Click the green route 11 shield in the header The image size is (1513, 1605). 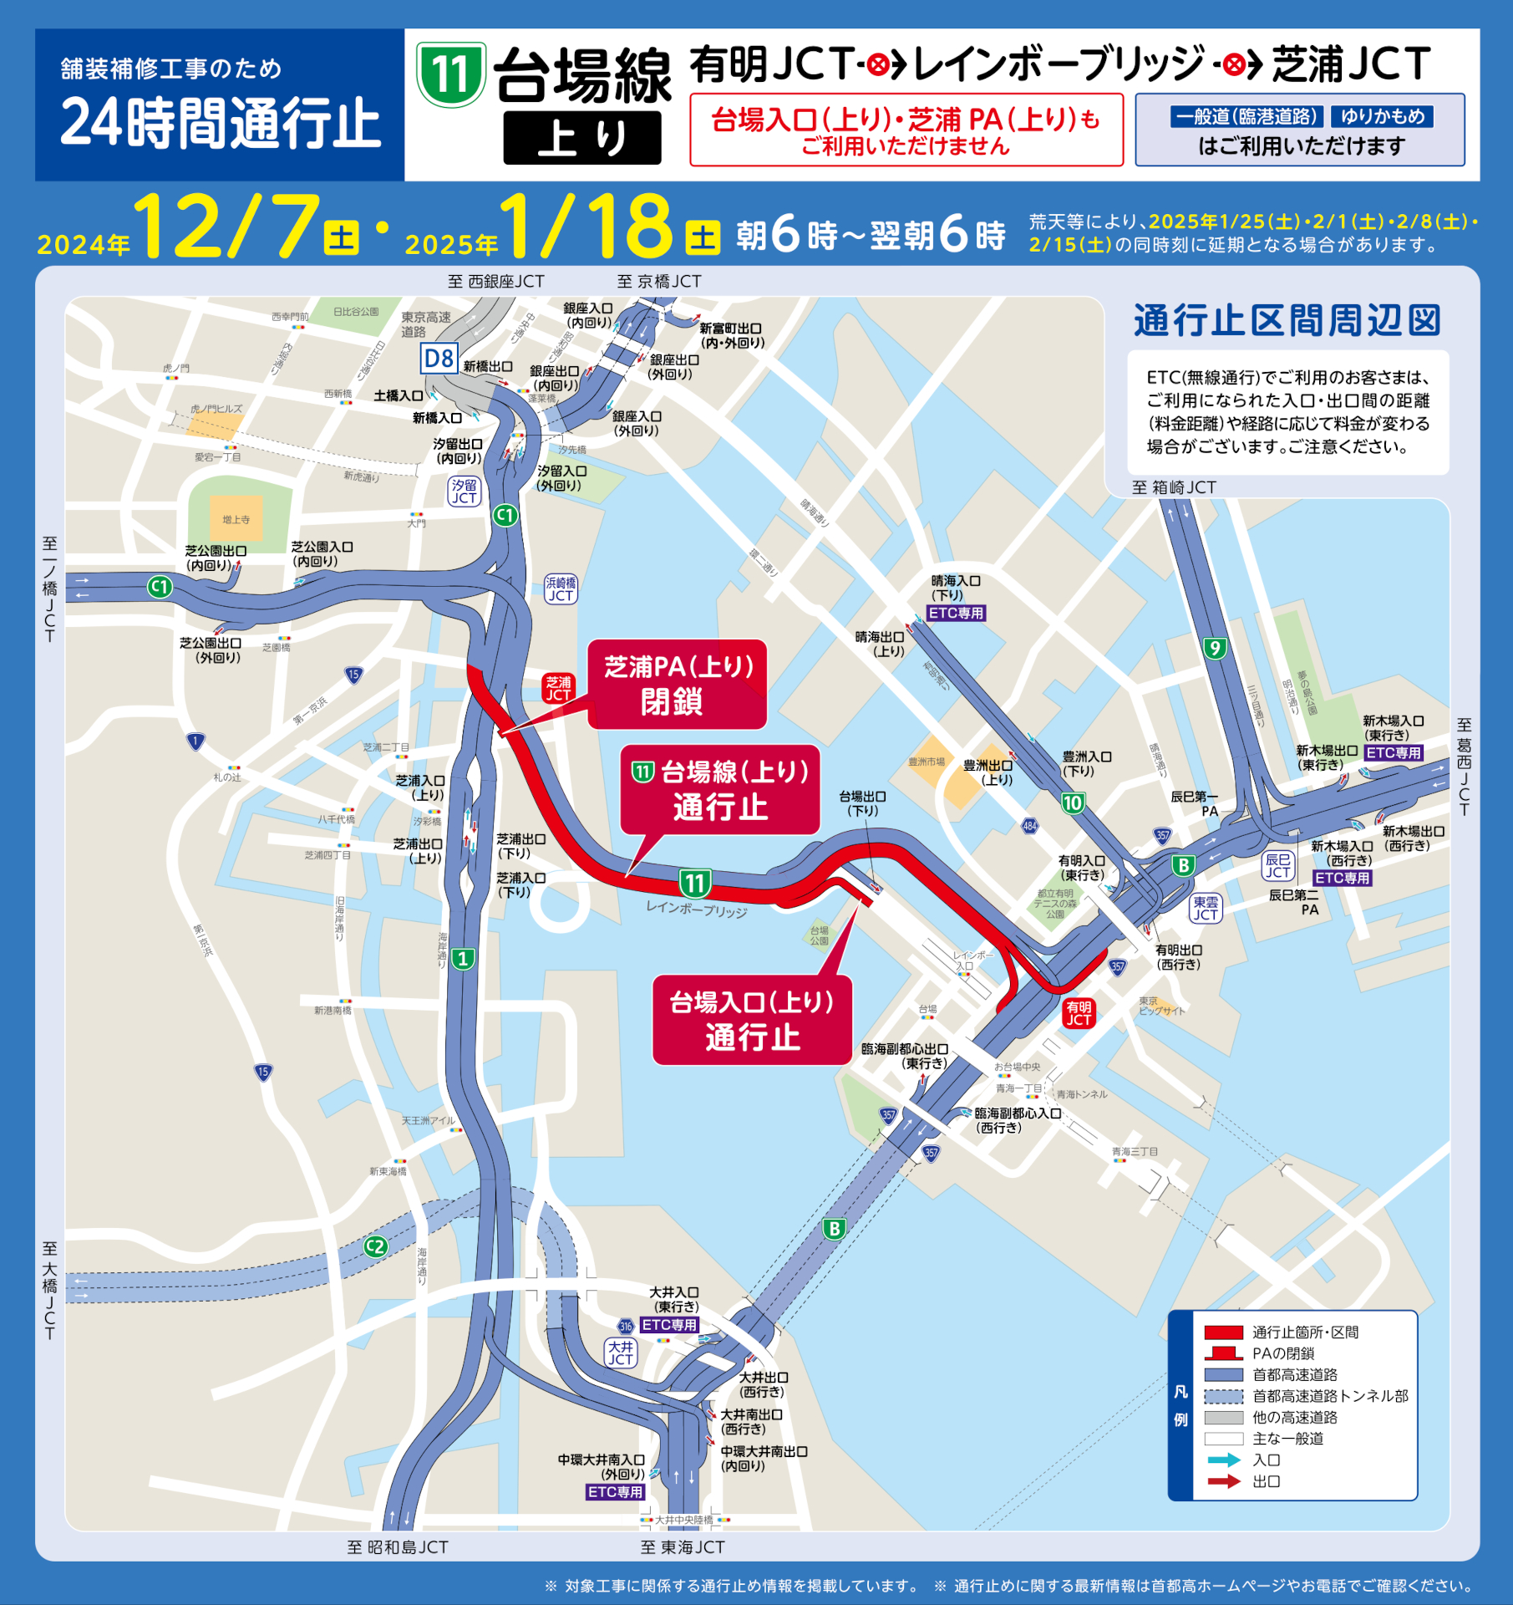click(x=451, y=75)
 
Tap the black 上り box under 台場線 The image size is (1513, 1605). click(x=581, y=138)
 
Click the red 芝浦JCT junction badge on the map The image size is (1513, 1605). click(x=558, y=689)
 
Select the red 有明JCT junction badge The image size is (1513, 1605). click(x=1078, y=1013)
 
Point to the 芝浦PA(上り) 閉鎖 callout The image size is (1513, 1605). click(x=678, y=684)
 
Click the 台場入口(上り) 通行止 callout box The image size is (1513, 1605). click(x=752, y=1020)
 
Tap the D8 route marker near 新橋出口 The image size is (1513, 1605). click(x=439, y=359)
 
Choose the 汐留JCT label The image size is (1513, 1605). click(x=465, y=492)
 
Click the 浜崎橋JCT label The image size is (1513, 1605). click(x=561, y=589)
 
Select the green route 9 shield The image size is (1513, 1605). click(x=1215, y=648)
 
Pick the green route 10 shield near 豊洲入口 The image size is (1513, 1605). click(x=1072, y=803)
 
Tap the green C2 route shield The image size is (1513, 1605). click(x=376, y=1247)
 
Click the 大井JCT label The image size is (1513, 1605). click(x=621, y=1353)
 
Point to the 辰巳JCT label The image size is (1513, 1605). click(x=1277, y=866)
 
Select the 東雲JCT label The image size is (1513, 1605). click(x=1205, y=909)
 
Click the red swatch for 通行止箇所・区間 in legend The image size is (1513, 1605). click(x=1223, y=1332)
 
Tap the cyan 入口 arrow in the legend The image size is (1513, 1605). click(x=1223, y=1460)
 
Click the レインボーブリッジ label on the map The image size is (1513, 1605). click(x=697, y=909)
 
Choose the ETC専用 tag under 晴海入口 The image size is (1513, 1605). click(x=957, y=613)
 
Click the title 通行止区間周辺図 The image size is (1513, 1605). click(x=1287, y=321)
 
